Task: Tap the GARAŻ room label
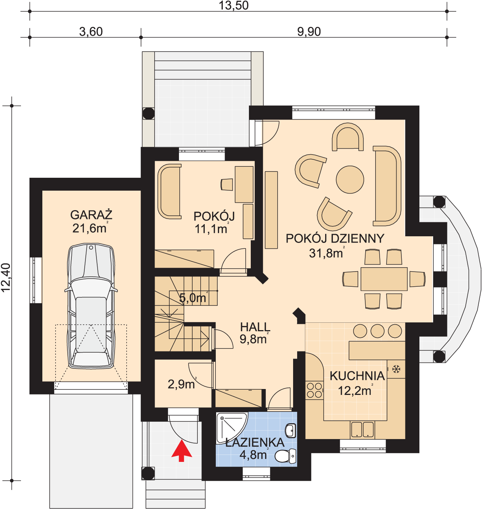pyautogui.click(x=91, y=215)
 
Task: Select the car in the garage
pyautogui.click(x=91, y=306)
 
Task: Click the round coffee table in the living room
pyautogui.click(x=350, y=179)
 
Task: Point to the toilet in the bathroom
pyautogui.click(x=285, y=456)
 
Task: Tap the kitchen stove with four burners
pyautogui.click(x=314, y=390)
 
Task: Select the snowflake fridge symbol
pyautogui.click(x=396, y=369)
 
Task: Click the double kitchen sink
pyautogui.click(x=362, y=430)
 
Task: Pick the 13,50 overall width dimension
pyautogui.click(x=234, y=6)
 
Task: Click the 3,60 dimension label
pyautogui.click(x=91, y=32)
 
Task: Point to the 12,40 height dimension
pyautogui.click(x=6, y=278)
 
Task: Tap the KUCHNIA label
pyautogui.click(x=357, y=376)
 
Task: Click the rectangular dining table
pyautogui.click(x=384, y=279)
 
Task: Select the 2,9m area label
pyautogui.click(x=182, y=385)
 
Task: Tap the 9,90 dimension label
pyautogui.click(x=309, y=32)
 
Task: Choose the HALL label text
pyautogui.click(x=255, y=327)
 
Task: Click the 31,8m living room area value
pyautogui.click(x=326, y=253)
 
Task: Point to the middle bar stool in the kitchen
pyautogui.click(x=377, y=331)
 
